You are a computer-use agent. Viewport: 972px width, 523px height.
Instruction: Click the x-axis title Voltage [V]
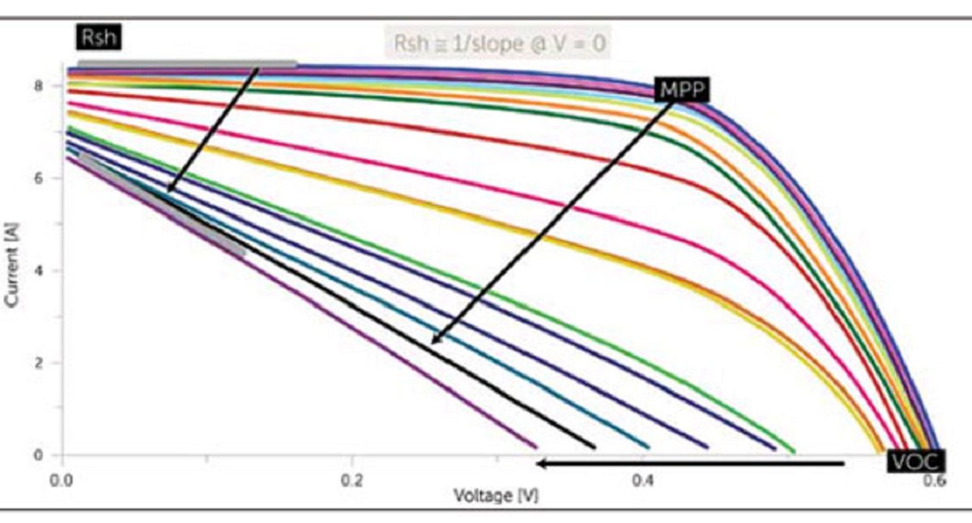(496, 494)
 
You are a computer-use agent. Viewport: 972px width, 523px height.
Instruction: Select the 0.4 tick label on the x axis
(642, 478)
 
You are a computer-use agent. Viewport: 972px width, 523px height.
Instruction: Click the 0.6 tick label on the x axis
(932, 478)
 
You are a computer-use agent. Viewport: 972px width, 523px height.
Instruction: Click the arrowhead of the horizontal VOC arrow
(541, 464)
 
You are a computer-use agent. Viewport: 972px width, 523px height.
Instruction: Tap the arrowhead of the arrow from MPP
(435, 340)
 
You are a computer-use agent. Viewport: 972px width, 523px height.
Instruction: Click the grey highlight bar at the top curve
(186, 64)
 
